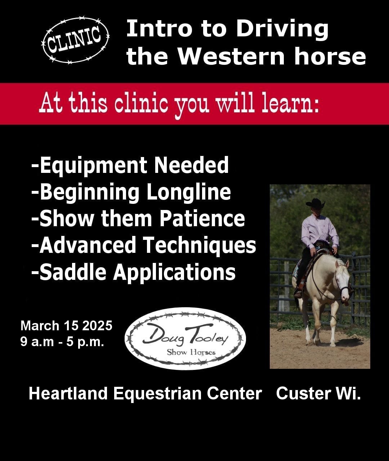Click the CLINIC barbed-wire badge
[75, 40]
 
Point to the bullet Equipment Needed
[130, 165]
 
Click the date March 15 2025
[66, 326]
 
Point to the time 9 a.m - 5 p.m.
[62, 341]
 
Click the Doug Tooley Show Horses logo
[185, 339]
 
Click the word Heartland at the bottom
[68, 393]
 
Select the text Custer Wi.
[318, 393]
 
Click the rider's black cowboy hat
[315, 203]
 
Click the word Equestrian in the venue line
[157, 394]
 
